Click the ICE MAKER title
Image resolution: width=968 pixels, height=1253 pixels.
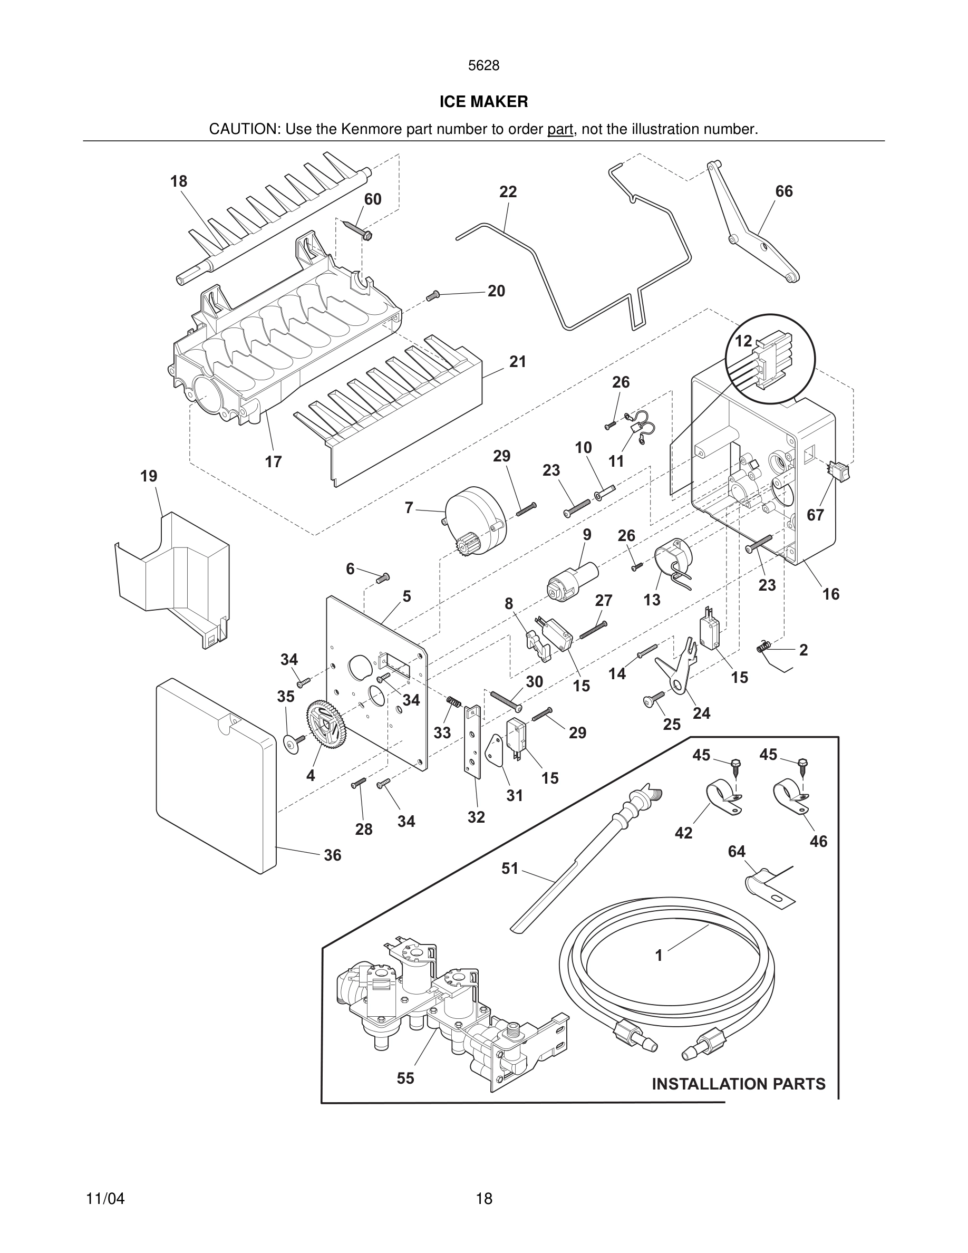coord(483,102)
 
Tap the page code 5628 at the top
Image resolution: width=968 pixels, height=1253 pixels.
coord(483,66)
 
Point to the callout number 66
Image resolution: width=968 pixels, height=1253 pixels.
coord(784,191)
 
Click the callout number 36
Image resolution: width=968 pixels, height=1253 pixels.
coord(333,855)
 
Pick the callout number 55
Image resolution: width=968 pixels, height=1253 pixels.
coord(405,1078)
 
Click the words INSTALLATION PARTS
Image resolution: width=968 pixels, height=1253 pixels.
coord(739,1084)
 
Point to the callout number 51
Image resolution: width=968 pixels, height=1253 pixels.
coord(509,869)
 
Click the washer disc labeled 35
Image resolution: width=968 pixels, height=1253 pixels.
coord(293,744)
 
